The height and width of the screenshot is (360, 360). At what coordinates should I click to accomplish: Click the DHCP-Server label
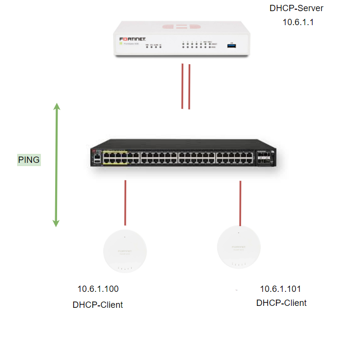click(x=296, y=9)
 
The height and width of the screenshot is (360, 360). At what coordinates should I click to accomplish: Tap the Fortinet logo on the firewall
click(x=133, y=38)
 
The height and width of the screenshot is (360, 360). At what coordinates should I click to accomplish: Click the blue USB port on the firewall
click(x=232, y=44)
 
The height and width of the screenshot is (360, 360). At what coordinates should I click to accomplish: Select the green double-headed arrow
click(x=57, y=164)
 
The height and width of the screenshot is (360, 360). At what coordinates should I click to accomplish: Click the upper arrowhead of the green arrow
click(x=57, y=107)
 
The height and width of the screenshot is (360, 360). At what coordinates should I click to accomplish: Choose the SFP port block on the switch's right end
click(x=264, y=158)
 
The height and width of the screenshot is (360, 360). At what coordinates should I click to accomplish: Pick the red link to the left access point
click(x=125, y=202)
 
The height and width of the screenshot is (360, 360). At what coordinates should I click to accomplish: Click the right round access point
click(x=239, y=246)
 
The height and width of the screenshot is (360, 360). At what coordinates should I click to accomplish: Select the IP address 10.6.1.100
click(x=98, y=289)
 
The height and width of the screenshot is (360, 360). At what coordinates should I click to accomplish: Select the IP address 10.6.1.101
click(x=281, y=289)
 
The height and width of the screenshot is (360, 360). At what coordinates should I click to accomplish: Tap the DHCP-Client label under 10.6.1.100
click(x=98, y=305)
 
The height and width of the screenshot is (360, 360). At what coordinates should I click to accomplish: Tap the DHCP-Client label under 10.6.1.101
click(x=281, y=303)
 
